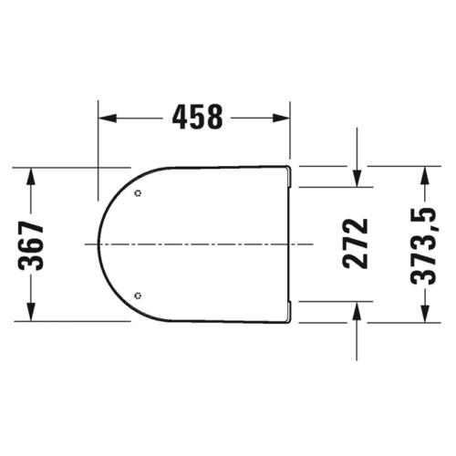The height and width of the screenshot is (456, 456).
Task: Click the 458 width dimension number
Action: pyautogui.click(x=197, y=118)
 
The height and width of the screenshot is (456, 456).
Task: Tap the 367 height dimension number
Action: pyautogui.click(x=31, y=244)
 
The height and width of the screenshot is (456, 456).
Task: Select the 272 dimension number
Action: pyautogui.click(x=355, y=244)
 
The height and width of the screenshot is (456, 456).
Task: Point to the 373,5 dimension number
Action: pyautogui.click(x=423, y=246)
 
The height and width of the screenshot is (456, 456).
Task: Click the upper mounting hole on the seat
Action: pyautogui.click(x=139, y=193)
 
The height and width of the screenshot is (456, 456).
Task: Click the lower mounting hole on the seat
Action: pyautogui.click(x=139, y=295)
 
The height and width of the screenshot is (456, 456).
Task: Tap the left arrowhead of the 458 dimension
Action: pyautogui.click(x=108, y=118)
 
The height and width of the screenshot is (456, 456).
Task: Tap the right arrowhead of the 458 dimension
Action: pyautogui.click(x=281, y=118)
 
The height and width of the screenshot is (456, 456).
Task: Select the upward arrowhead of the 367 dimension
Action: pyautogui.click(x=31, y=176)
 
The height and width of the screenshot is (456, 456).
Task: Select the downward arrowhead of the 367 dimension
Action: pyautogui.click(x=31, y=312)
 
